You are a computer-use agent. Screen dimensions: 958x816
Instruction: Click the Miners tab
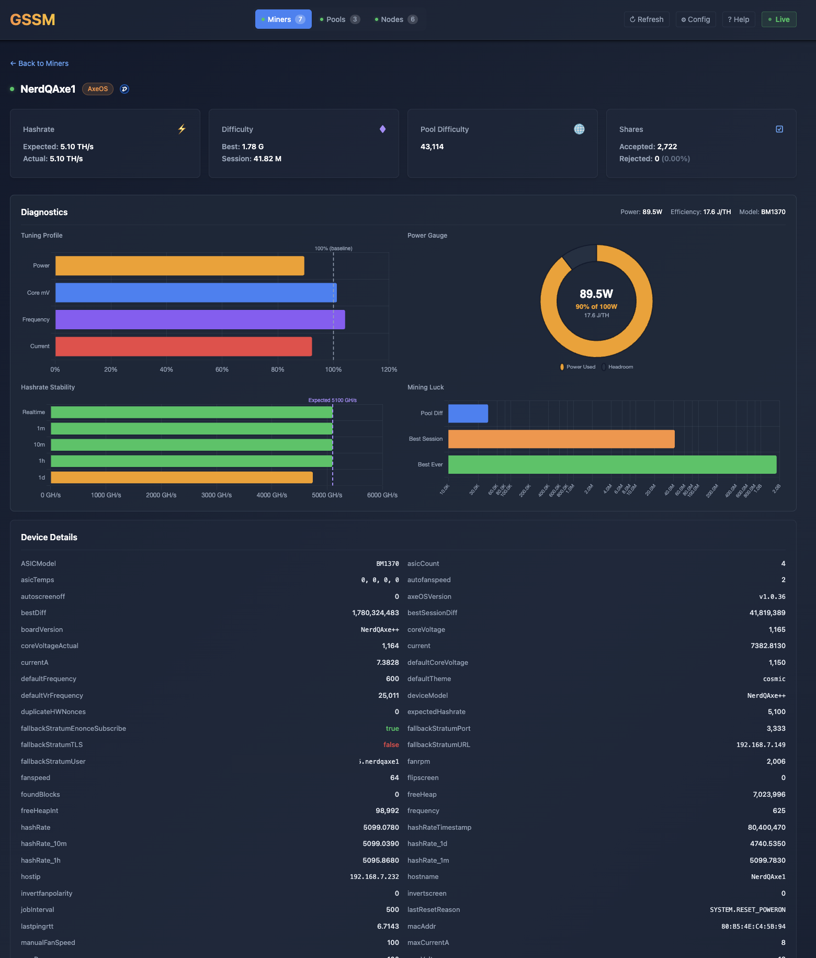283,19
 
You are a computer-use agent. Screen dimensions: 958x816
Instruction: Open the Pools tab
339,19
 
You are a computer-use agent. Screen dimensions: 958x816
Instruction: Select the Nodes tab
396,19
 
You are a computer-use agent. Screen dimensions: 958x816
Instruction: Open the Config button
696,19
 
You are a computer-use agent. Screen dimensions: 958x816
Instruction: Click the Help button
739,19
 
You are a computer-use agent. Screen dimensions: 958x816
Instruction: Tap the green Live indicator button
779,19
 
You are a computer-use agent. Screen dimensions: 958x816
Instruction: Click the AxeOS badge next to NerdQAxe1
98,89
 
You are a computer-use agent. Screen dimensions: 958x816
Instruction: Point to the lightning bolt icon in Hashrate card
182,129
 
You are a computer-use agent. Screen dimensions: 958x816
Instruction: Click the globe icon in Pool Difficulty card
579,129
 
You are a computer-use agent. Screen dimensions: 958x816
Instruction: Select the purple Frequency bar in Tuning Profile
200,319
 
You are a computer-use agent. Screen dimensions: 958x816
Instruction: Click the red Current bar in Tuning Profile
183,347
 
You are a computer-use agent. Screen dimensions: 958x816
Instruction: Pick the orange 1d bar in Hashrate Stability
182,477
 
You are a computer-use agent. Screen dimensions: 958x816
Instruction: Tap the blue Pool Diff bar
468,414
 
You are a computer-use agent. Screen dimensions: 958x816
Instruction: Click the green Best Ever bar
612,465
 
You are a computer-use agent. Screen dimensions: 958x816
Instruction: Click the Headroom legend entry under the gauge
618,367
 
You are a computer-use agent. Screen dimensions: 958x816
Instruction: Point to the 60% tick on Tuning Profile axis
222,370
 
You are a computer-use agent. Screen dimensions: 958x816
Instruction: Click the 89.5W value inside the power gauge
596,294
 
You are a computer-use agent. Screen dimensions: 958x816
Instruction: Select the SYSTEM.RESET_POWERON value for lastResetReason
747,910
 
